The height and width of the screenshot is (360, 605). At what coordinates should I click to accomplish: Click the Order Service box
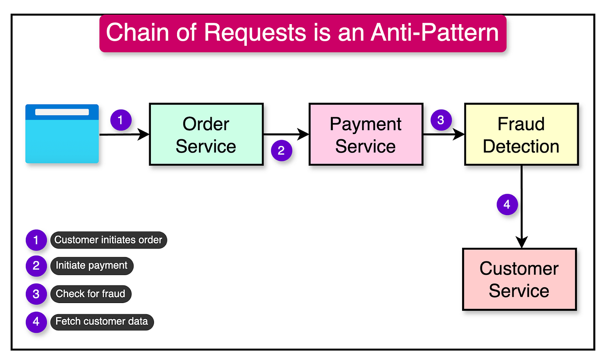pyautogui.click(x=206, y=134)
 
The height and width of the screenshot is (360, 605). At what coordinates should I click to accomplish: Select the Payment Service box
pyautogui.click(x=366, y=134)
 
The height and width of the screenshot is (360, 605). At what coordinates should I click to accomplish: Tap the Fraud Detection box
pyautogui.click(x=521, y=134)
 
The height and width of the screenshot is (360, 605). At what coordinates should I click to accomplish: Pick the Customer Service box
pyautogui.click(x=519, y=279)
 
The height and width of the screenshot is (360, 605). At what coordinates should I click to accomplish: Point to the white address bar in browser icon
pyautogui.click(x=62, y=112)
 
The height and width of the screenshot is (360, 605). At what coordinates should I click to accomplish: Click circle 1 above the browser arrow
pyautogui.click(x=121, y=121)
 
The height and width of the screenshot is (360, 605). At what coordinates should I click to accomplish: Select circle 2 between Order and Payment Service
pyautogui.click(x=281, y=150)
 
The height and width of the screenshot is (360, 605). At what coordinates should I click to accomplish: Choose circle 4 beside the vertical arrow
pyautogui.click(x=507, y=205)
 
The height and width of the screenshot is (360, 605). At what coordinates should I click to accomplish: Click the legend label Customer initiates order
pyautogui.click(x=108, y=240)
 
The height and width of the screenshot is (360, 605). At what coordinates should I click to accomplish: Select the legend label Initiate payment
pyautogui.click(x=92, y=266)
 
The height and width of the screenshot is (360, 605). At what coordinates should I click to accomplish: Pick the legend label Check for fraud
pyautogui.click(x=91, y=294)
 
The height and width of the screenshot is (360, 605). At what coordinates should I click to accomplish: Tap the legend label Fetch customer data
pyautogui.click(x=102, y=322)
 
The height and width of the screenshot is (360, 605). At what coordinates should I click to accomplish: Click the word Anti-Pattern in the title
pyautogui.click(x=435, y=32)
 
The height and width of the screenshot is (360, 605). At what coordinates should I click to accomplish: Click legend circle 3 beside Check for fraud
pyautogui.click(x=36, y=294)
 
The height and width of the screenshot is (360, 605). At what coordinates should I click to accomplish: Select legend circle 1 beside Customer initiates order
pyautogui.click(x=36, y=240)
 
